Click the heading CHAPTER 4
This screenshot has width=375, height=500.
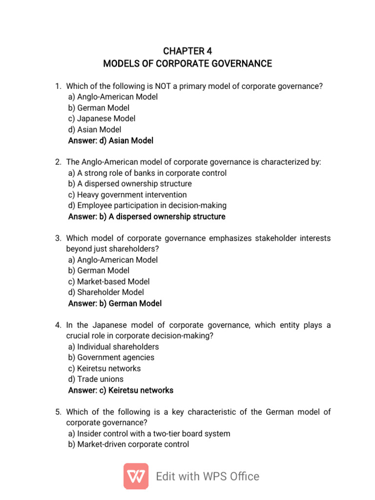click(x=187, y=51)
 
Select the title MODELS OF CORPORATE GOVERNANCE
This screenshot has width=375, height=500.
click(x=187, y=64)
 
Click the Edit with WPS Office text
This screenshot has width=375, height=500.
click(x=208, y=477)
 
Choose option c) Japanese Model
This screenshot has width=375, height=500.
click(x=102, y=119)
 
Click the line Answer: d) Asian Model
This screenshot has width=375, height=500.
click(x=111, y=141)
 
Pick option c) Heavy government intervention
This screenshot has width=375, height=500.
click(x=127, y=195)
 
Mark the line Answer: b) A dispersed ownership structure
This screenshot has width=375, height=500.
click(x=147, y=216)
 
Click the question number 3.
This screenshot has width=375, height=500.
click(x=57, y=238)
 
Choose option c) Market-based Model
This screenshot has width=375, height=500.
click(x=109, y=282)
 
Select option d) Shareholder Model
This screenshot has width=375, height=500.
click(x=106, y=292)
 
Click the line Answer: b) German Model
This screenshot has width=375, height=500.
click(x=115, y=303)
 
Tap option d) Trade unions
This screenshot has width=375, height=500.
click(x=96, y=379)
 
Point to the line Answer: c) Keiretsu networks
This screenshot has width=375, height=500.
click(x=121, y=390)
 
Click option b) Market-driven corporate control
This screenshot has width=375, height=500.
click(x=128, y=444)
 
